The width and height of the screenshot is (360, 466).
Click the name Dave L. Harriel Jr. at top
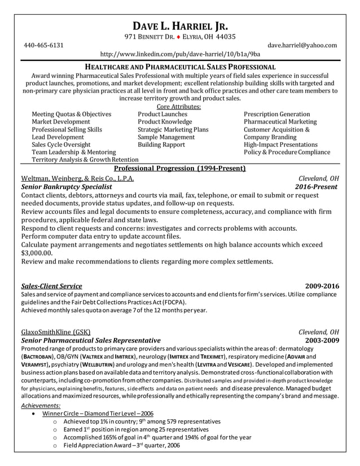pos(180,25)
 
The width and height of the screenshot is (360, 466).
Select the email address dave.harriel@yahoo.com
pos(302,45)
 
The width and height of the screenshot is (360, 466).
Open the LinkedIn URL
pos(180,55)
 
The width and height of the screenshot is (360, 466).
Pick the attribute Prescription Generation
pos(276,114)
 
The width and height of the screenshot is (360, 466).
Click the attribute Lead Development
pos(58,137)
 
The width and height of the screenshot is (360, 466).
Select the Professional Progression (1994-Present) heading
pos(179,168)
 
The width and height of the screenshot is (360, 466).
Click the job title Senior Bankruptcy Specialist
pos(66,187)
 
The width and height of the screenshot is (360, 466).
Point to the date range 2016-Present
pos(316,187)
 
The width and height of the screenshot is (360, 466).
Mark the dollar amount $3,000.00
pos(37,253)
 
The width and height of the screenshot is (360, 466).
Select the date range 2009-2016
pos(322,286)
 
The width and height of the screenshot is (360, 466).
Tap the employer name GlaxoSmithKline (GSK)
pos(55,332)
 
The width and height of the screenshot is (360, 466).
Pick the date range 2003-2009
pos(322,340)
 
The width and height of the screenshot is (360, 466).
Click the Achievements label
pos(41,405)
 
